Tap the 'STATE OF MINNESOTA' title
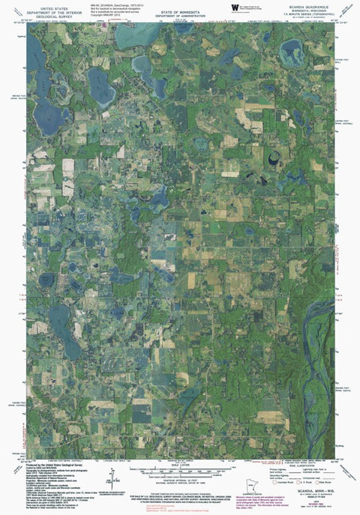[x=184, y=6]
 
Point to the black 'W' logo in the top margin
[x=235, y=7]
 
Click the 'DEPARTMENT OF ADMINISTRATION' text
[x=184, y=10]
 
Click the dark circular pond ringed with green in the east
[x=272, y=158]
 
